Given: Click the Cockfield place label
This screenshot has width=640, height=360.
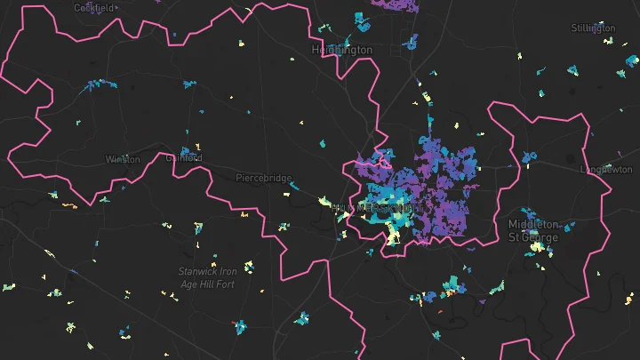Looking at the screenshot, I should click(94, 7).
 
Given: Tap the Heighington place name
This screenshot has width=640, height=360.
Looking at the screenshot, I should click(342, 51).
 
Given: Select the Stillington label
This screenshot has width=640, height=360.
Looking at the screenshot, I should click(593, 28).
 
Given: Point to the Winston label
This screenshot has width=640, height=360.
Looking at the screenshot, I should click(123, 159).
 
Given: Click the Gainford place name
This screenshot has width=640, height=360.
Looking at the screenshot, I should click(184, 158).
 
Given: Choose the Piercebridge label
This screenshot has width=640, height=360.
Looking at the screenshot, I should click(263, 178).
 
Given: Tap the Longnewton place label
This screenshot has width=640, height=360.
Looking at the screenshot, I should click(606, 169).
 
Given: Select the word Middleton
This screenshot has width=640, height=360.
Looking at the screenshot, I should click(532, 225).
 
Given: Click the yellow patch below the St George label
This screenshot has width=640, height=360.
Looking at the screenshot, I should click(536, 252).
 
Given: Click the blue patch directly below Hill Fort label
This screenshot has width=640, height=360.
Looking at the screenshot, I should click(240, 326).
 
